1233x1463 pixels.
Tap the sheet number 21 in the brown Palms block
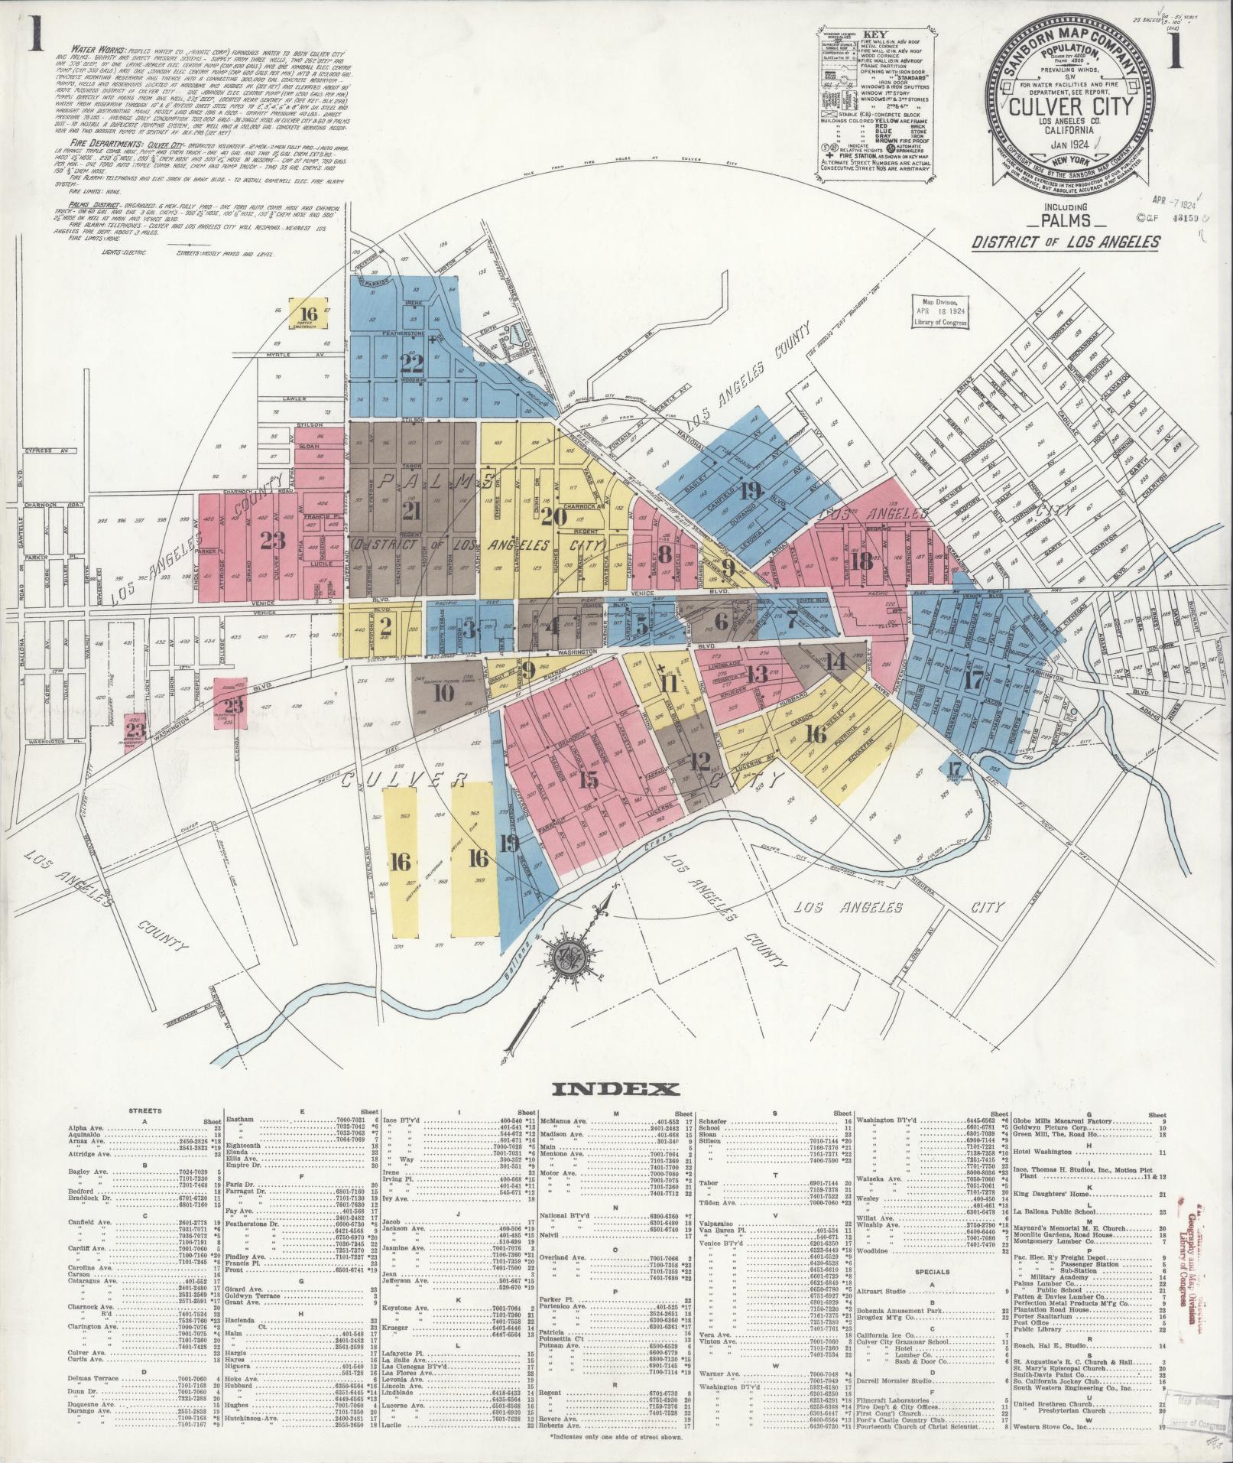click(x=412, y=511)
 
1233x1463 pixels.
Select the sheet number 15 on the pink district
click(x=588, y=779)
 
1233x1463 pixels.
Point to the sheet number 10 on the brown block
click(x=443, y=693)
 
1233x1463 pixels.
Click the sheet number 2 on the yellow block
click(x=386, y=627)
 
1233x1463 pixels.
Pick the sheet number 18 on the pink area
click(x=863, y=561)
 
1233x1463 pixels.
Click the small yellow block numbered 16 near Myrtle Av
click(x=309, y=314)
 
